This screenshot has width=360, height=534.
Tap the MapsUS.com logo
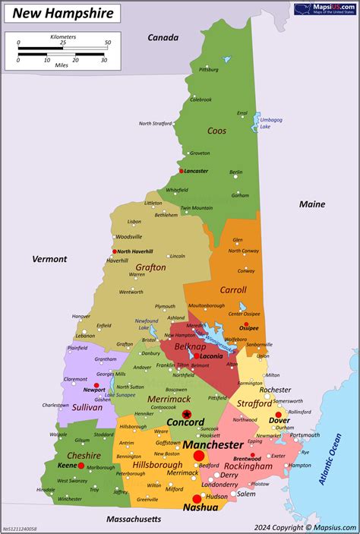point(324,10)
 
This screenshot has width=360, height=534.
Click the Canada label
point(163,37)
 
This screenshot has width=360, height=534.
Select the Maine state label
point(311,204)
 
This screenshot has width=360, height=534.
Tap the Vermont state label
point(49,259)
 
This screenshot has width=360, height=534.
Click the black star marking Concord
point(187,414)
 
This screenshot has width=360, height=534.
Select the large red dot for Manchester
point(200,455)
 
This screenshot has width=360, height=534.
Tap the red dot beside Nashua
point(197,499)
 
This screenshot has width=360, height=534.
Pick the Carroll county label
point(232,289)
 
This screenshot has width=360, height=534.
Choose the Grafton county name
point(150,267)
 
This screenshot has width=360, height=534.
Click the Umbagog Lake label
point(270,123)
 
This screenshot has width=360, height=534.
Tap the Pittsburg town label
point(208,69)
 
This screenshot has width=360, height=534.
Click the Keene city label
point(67,465)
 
